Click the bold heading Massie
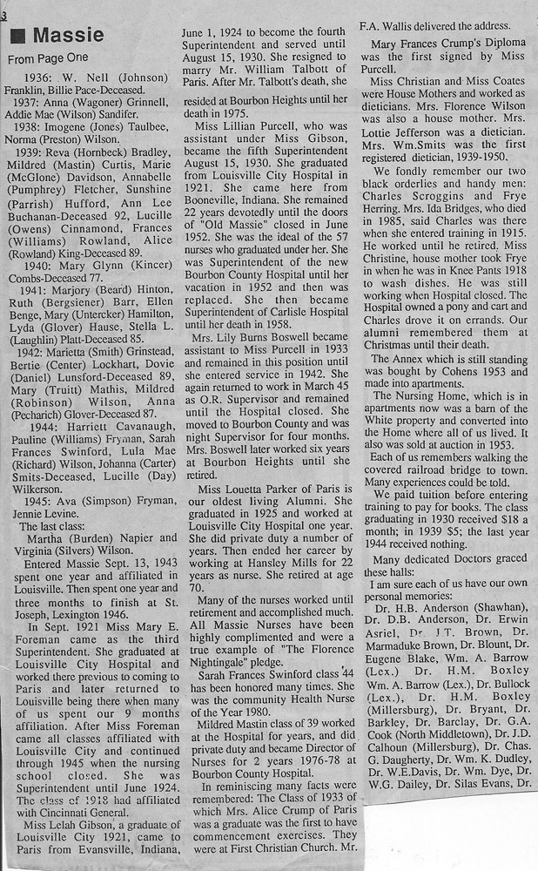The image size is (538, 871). coord(69,36)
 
